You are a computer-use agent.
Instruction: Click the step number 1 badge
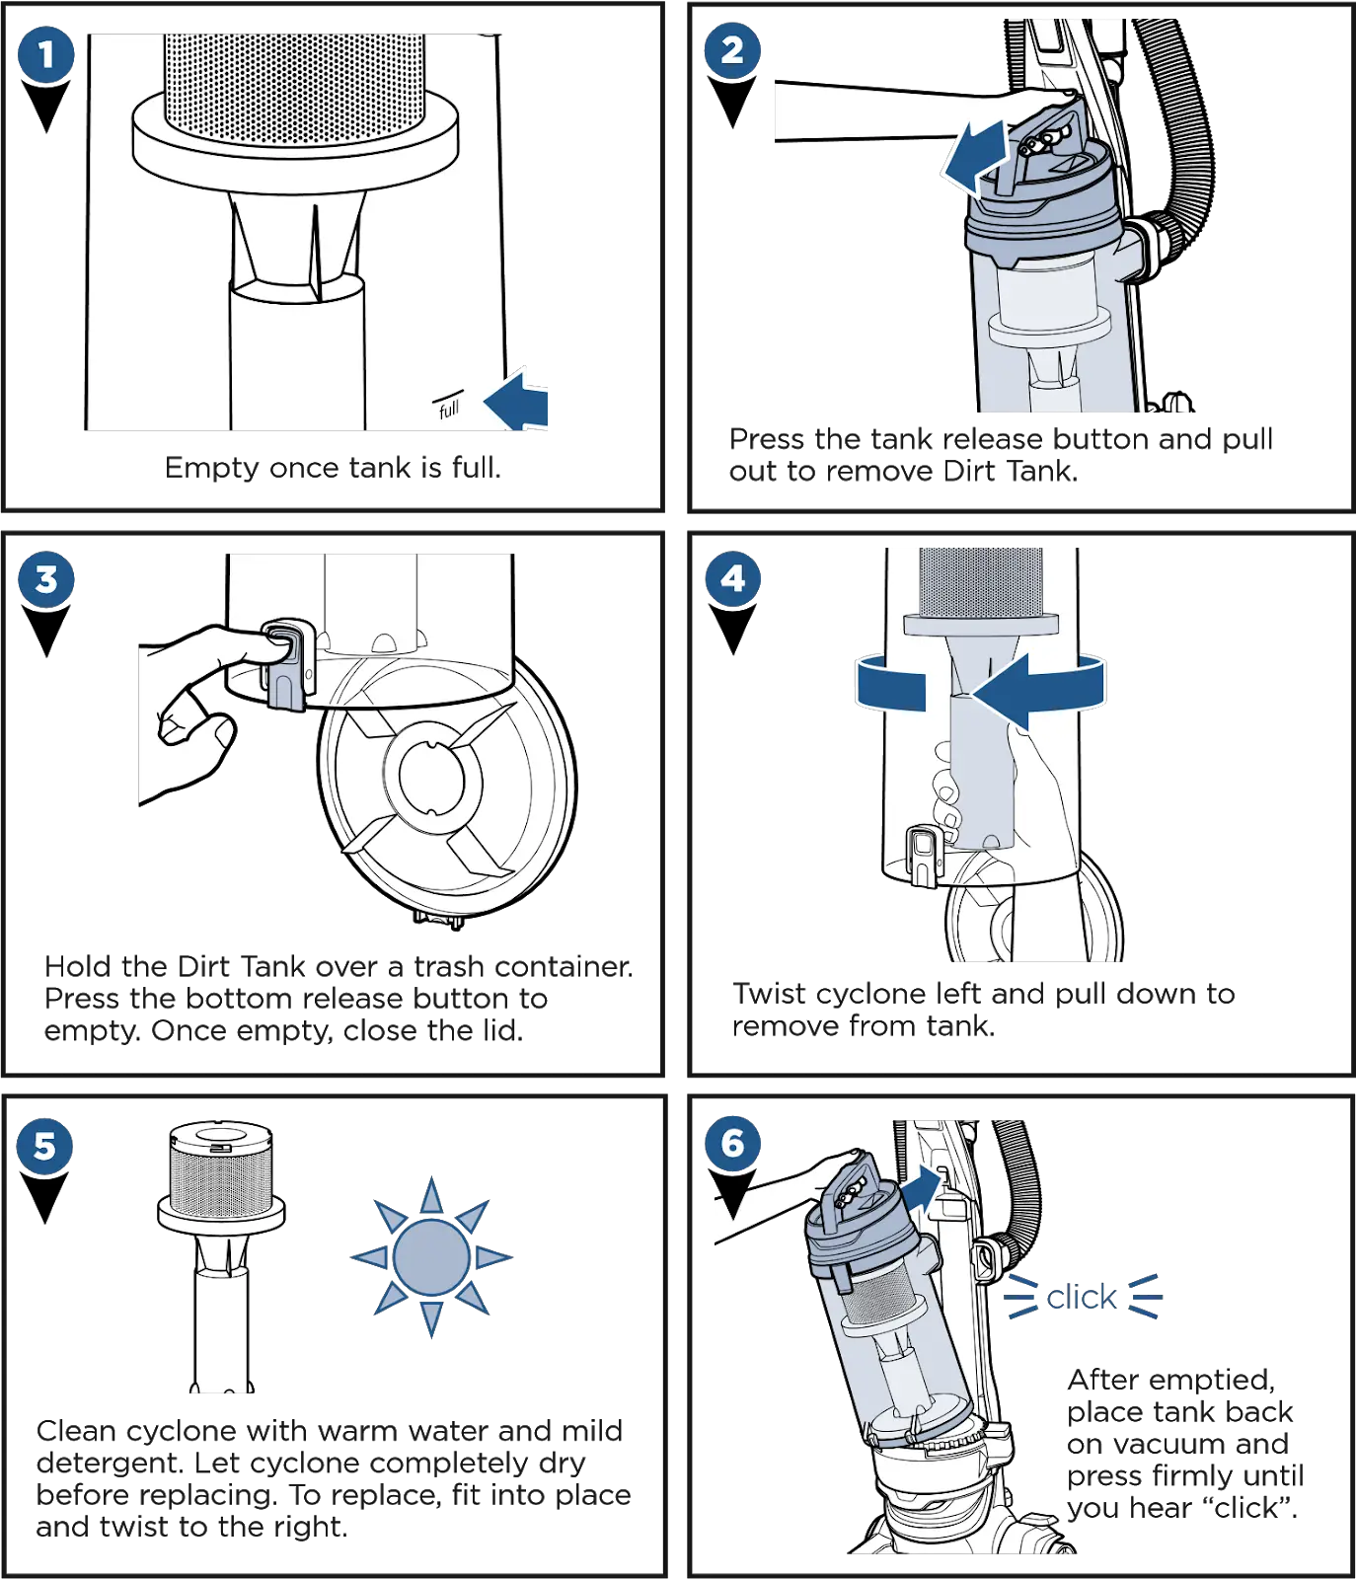45,54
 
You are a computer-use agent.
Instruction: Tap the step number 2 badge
731,50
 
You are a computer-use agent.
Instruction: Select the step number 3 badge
45,579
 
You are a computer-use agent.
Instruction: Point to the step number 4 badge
731,577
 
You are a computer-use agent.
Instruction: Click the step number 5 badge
44,1146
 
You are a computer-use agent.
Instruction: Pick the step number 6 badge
731,1143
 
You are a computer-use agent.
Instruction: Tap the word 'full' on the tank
449,407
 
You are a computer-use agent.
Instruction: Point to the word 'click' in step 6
1082,1296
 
